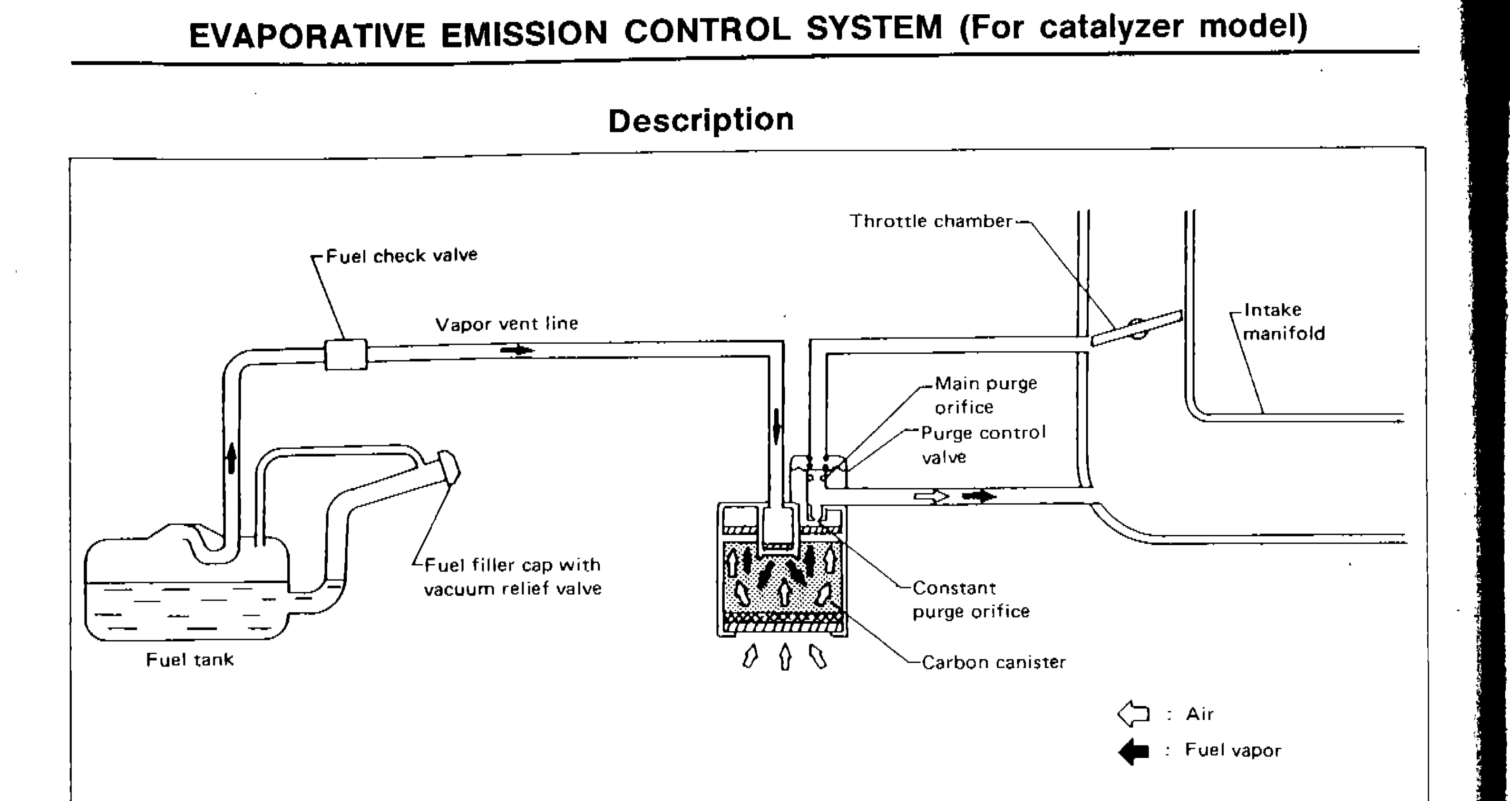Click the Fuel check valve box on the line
[x=346, y=355]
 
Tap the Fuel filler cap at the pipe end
[x=449, y=467]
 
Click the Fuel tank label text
[x=189, y=660]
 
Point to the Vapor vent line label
[x=507, y=323]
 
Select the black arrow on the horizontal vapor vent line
[x=517, y=350]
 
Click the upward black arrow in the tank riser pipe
[x=232, y=458]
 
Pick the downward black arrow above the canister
[x=777, y=426]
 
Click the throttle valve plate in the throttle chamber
[x=1136, y=329]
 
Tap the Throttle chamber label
[x=931, y=222]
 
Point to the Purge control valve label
[x=983, y=445]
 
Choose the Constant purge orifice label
[x=970, y=599]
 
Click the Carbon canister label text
[x=993, y=663]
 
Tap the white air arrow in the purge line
[x=931, y=497]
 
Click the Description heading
[x=701, y=121]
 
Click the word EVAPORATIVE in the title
[x=307, y=35]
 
